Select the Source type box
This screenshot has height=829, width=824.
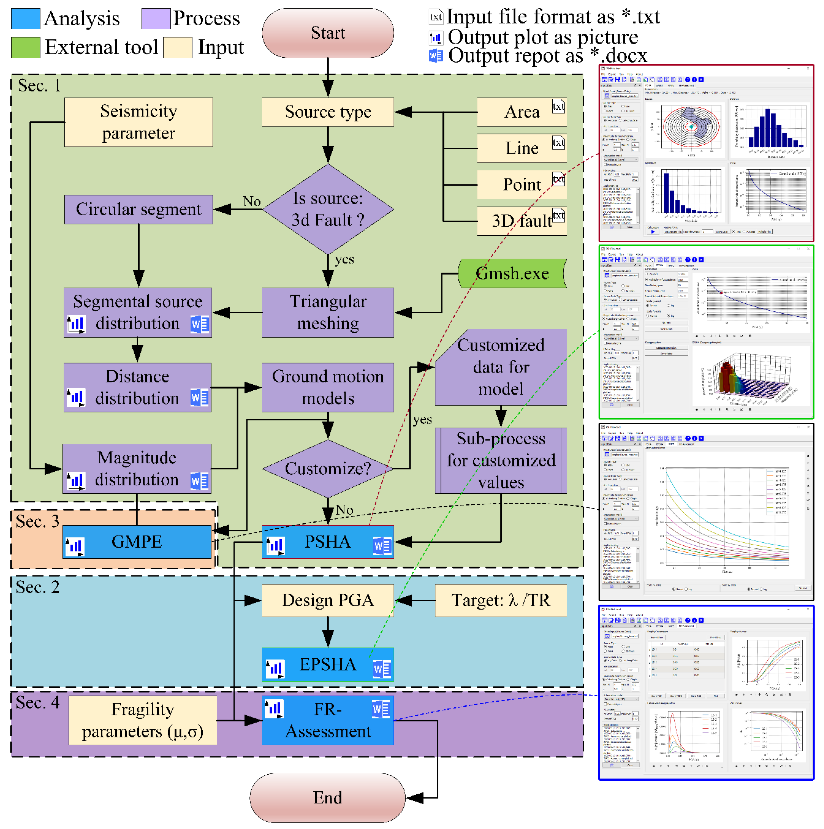click(x=328, y=112)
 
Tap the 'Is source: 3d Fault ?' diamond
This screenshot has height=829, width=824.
click(x=328, y=209)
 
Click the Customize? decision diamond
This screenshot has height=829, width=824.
click(x=328, y=468)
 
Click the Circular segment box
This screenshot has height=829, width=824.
click(x=138, y=209)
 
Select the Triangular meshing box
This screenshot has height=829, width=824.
click(x=328, y=312)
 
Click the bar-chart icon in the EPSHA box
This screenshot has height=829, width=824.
click(x=275, y=668)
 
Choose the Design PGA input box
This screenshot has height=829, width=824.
click(x=328, y=600)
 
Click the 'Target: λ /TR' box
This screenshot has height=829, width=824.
click(x=501, y=600)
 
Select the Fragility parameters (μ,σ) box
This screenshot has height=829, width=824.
click(x=142, y=721)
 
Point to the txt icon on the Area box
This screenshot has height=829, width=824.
click(x=558, y=106)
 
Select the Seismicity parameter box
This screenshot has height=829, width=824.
click(x=138, y=122)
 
